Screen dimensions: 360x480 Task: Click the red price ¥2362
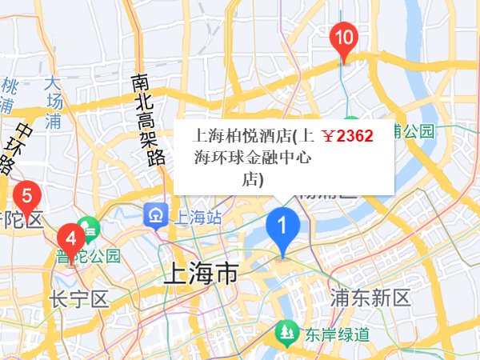(x=347, y=136)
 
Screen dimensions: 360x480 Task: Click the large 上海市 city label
(x=200, y=274)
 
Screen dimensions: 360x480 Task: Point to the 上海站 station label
(x=199, y=216)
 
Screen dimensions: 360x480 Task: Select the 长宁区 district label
(x=78, y=300)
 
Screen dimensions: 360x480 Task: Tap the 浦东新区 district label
(x=370, y=298)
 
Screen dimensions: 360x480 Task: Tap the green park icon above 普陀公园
(x=89, y=229)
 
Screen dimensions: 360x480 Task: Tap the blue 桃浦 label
(x=7, y=94)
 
